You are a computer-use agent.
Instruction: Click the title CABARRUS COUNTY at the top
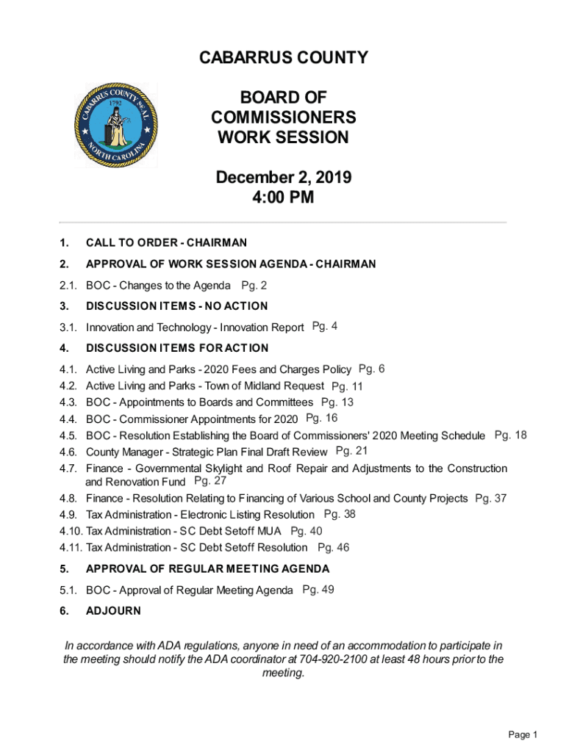click(283, 58)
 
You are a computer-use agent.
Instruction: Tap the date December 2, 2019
click(283, 178)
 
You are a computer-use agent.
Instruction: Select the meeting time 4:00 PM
click(283, 198)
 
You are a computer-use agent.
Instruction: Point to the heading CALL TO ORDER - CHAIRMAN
click(166, 242)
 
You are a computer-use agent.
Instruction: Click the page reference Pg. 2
click(254, 285)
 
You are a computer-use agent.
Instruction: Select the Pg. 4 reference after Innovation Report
click(325, 326)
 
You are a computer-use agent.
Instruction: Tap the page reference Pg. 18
click(510, 435)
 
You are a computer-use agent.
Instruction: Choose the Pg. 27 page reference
click(210, 481)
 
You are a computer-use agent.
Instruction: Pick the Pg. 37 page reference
click(490, 499)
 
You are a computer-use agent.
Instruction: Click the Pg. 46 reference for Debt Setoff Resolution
click(333, 547)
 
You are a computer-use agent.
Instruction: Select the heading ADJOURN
click(113, 610)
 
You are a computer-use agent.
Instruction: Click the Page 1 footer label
click(523, 735)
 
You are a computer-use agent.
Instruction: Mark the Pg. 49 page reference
click(318, 589)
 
